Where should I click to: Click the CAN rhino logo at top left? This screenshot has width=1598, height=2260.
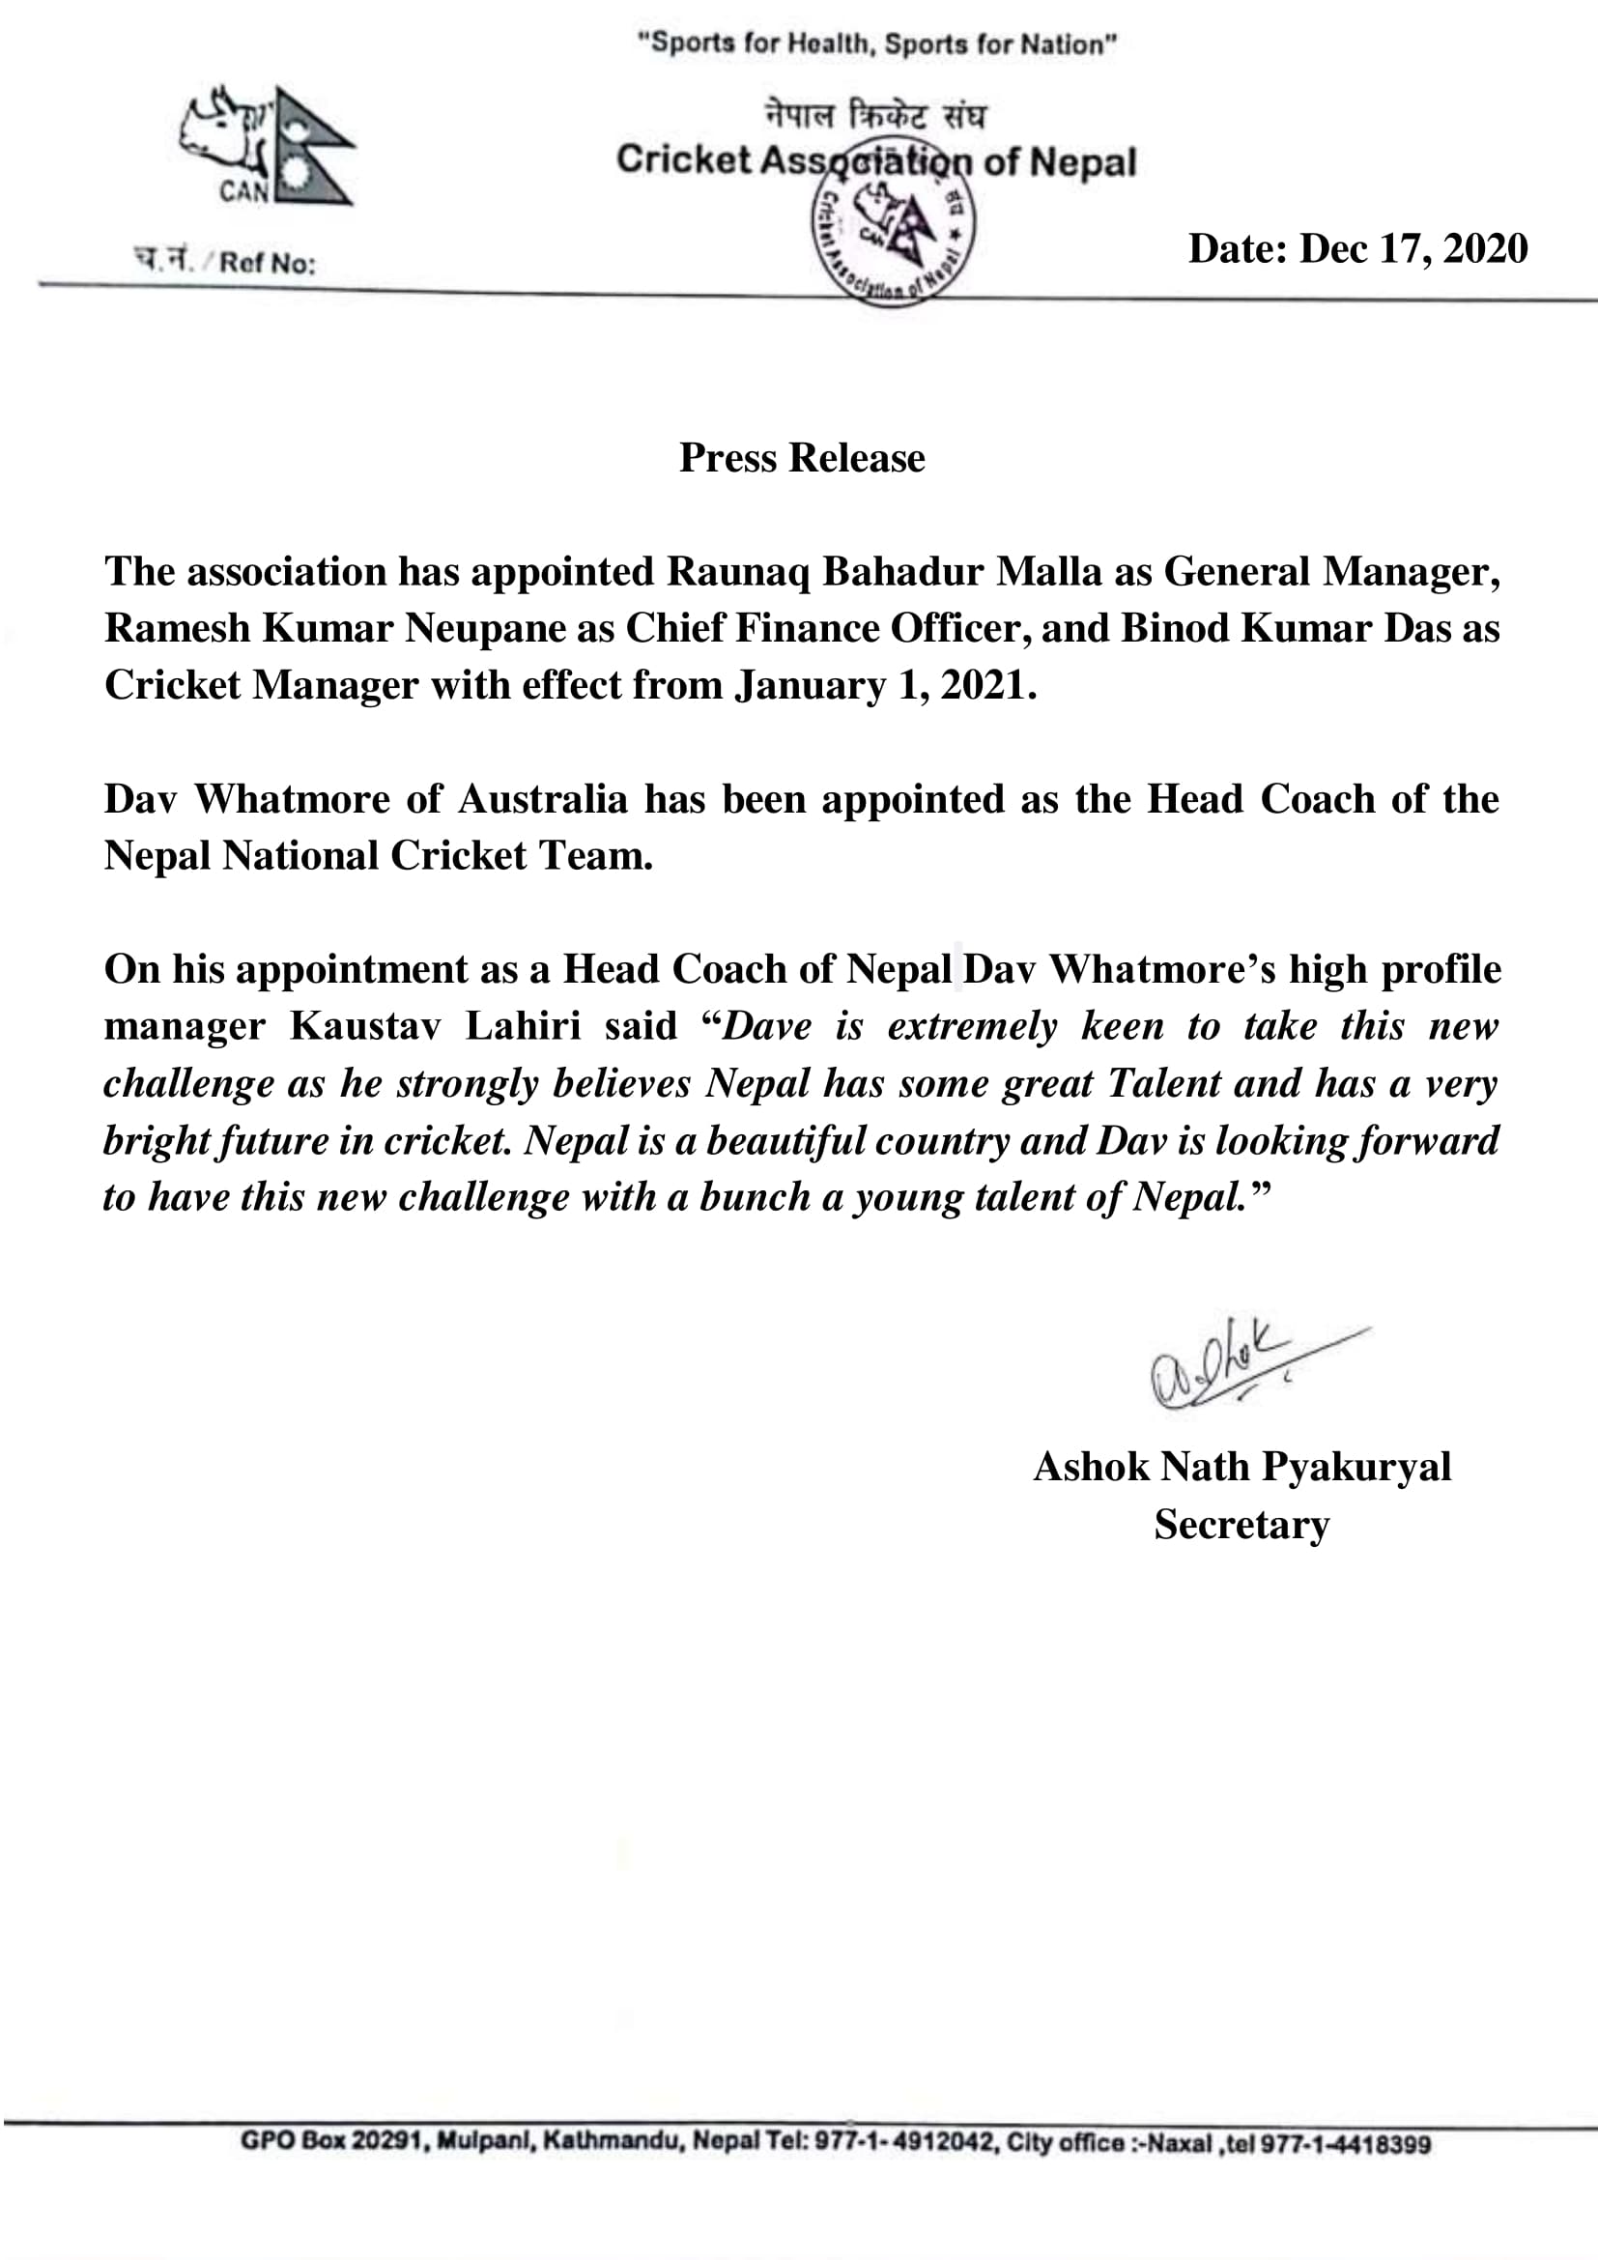pos(266,146)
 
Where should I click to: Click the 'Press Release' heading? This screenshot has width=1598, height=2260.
pos(802,458)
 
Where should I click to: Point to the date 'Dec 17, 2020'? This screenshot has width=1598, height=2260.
pos(1413,248)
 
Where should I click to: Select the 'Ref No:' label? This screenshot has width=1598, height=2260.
pos(267,263)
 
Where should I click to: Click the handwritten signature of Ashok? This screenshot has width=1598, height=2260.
pos(1240,1364)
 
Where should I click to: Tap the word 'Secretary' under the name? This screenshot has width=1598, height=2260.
pos(1241,1525)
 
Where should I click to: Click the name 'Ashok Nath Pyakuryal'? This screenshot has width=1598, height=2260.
pos(1241,1467)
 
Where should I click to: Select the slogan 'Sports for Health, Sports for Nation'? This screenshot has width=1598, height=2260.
pos(876,44)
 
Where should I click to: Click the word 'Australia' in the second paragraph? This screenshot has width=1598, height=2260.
pos(542,799)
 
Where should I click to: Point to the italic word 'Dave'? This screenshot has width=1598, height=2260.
pos(768,1027)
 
